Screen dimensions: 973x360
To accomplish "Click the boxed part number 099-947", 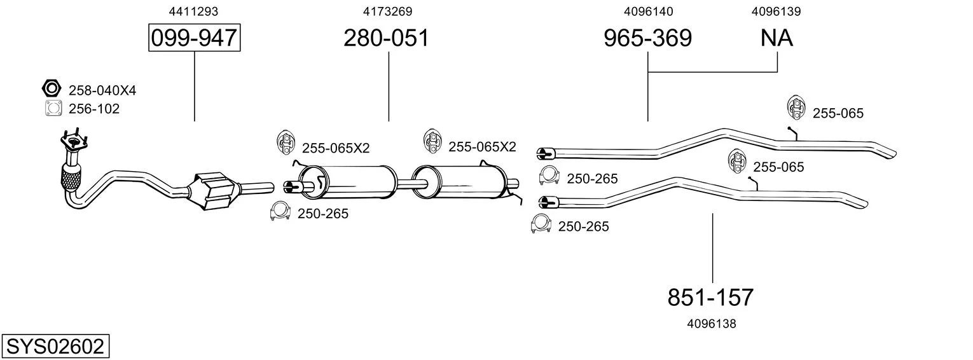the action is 194,38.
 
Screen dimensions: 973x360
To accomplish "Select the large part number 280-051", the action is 386,38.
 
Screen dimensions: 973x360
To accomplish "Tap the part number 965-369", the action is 647,38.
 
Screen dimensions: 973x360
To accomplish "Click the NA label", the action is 776,38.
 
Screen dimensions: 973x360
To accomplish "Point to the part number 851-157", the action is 710,298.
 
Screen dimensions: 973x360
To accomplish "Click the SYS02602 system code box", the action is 55,346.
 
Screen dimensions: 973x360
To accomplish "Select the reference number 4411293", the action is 193,11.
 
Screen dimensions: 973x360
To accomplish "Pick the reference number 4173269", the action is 387,11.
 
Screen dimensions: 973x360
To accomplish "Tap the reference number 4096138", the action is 712,324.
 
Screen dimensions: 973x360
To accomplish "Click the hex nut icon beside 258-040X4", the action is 52,88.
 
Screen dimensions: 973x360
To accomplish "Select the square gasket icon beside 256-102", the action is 53,108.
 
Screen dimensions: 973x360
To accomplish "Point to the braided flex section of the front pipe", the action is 71,177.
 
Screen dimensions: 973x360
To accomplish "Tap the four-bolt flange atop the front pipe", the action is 74,140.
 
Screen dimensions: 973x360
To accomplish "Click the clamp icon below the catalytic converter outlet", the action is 280,211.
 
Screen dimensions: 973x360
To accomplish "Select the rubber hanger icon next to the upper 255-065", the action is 796,107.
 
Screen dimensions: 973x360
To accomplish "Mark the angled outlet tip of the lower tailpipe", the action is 859,201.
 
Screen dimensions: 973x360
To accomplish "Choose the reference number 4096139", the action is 776,11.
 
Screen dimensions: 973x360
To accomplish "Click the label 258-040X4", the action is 102,90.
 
